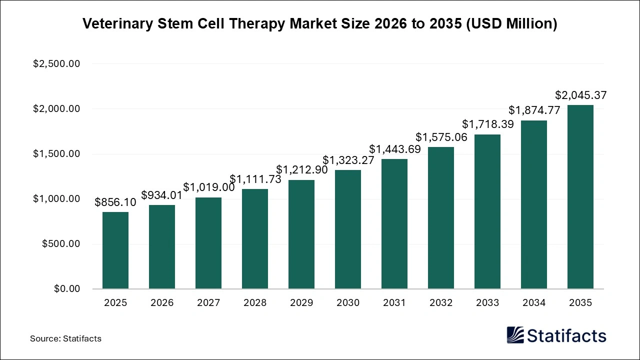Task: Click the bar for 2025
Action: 115,250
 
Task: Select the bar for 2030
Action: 348,229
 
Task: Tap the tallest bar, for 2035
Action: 580,197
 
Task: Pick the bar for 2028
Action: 255,239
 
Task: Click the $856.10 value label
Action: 115,202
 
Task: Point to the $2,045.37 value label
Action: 581,95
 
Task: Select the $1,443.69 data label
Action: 395,149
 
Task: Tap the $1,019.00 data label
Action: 209,187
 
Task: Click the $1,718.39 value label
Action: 487,124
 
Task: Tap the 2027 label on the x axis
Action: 208,303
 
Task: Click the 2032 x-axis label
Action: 441,303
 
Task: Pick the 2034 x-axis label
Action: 534,303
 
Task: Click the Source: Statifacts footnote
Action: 65,338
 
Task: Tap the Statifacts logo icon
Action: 515,335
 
